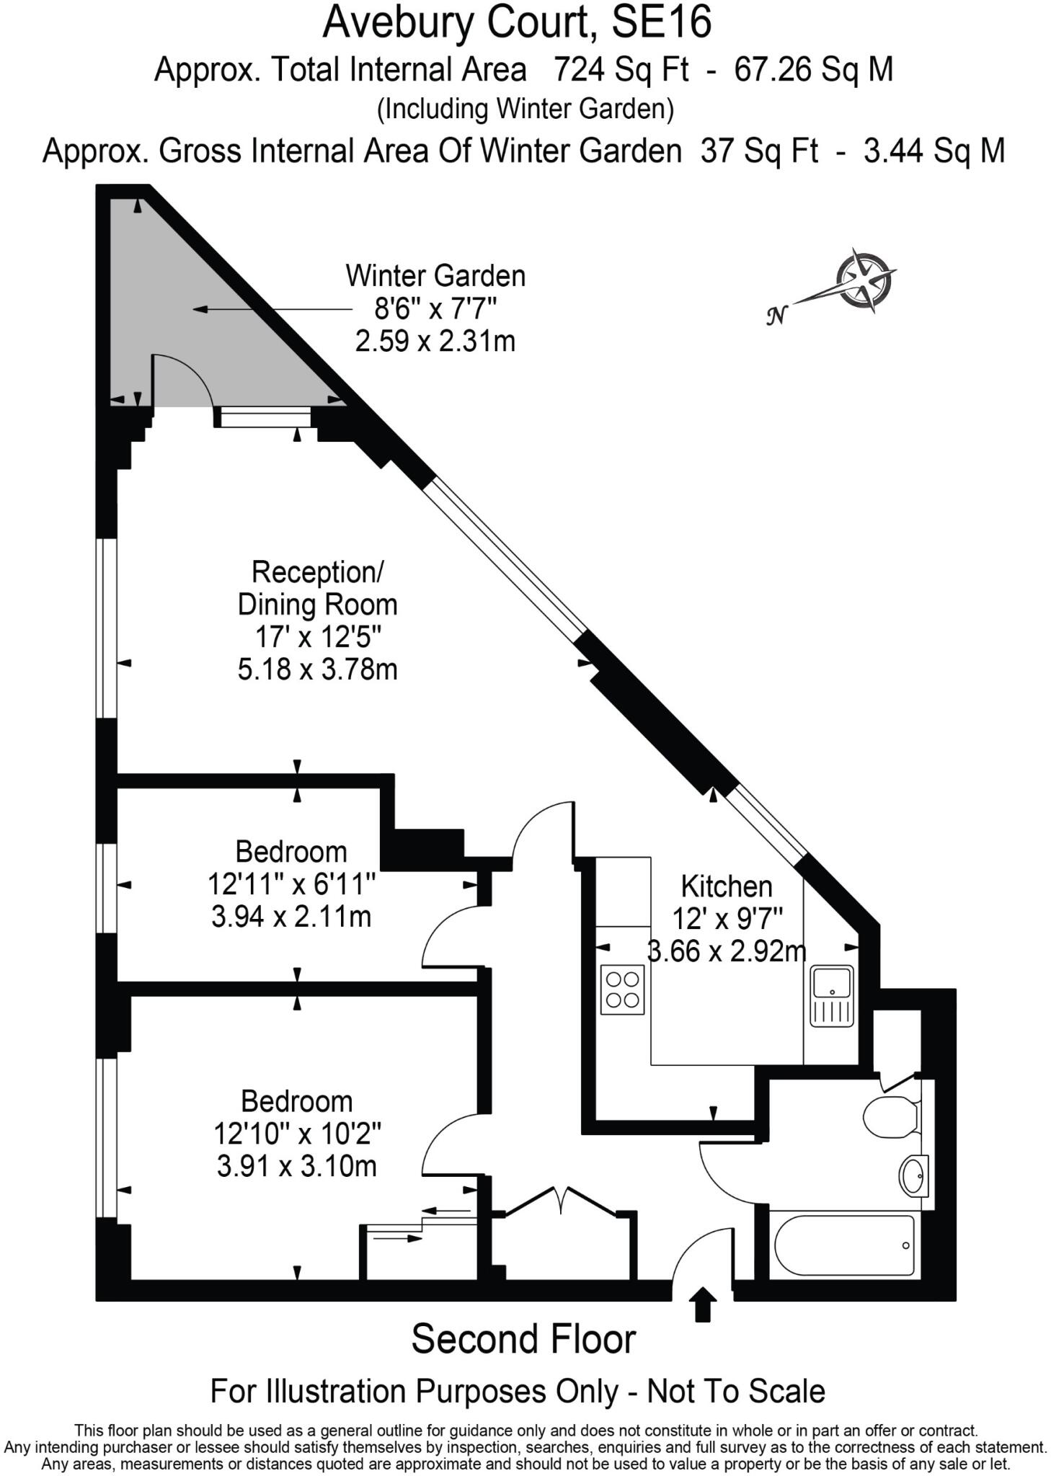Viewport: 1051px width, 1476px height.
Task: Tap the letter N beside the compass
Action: pyautogui.click(x=776, y=316)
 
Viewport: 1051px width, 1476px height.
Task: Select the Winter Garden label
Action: pyautogui.click(x=435, y=276)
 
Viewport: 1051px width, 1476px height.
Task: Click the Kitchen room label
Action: pyautogui.click(x=726, y=886)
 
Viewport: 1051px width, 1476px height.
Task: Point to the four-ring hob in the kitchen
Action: pyautogui.click(x=623, y=990)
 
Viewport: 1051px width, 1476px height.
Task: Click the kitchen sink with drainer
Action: pyautogui.click(x=832, y=996)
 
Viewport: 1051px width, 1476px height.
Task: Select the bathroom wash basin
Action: pyautogui.click(x=913, y=1176)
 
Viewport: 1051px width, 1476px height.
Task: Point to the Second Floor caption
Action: pyautogui.click(x=523, y=1340)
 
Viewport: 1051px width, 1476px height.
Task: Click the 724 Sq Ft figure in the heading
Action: pyautogui.click(x=621, y=70)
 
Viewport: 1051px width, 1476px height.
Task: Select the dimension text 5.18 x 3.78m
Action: pyautogui.click(x=318, y=670)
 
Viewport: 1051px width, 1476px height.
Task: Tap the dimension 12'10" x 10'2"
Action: pyautogui.click(x=297, y=1134)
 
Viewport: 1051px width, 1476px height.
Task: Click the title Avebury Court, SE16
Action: pyautogui.click(x=517, y=23)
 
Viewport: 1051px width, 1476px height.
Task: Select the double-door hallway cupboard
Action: pyautogui.click(x=562, y=1240)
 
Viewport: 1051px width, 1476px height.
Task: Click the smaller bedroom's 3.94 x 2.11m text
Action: pyautogui.click(x=291, y=917)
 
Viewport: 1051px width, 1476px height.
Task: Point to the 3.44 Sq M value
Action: pyautogui.click(x=934, y=151)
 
